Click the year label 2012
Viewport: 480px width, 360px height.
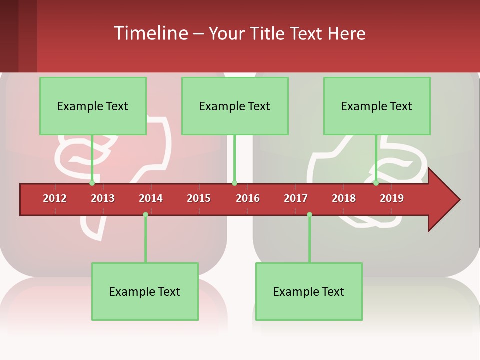tap(55, 198)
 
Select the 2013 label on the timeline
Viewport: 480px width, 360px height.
tap(103, 198)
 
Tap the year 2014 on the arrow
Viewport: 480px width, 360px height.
tap(151, 198)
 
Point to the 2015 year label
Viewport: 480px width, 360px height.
tap(199, 198)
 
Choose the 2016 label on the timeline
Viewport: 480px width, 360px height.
tap(248, 198)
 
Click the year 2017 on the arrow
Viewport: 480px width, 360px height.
tap(296, 198)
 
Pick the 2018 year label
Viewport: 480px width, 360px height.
tap(344, 198)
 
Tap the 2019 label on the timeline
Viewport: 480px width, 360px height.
tap(392, 198)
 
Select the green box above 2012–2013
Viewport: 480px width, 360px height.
tap(93, 106)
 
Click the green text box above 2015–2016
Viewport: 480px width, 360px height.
tap(235, 106)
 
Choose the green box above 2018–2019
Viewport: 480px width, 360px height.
tap(377, 106)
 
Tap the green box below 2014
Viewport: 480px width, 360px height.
tap(145, 291)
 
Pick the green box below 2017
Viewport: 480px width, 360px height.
tap(309, 291)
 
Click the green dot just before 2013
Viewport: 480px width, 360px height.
tap(92, 183)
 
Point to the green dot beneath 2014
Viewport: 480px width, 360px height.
tap(145, 215)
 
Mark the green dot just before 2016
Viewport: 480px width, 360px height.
tap(234, 183)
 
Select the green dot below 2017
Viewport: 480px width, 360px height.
tap(309, 215)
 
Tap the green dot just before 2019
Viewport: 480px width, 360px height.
tap(376, 183)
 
